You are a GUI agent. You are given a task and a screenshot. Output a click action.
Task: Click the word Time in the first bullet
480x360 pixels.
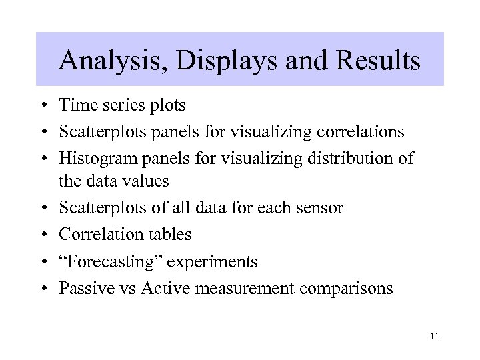(x=75, y=105)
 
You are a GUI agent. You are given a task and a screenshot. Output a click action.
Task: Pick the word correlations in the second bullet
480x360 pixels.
(x=360, y=131)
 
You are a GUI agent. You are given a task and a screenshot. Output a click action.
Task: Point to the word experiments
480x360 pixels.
(x=212, y=262)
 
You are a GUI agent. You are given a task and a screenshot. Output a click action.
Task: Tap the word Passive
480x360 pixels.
(x=83, y=289)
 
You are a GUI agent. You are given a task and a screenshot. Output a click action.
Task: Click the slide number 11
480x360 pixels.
(x=435, y=337)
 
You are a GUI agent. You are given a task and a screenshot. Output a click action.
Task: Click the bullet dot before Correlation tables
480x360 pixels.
(x=42, y=235)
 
